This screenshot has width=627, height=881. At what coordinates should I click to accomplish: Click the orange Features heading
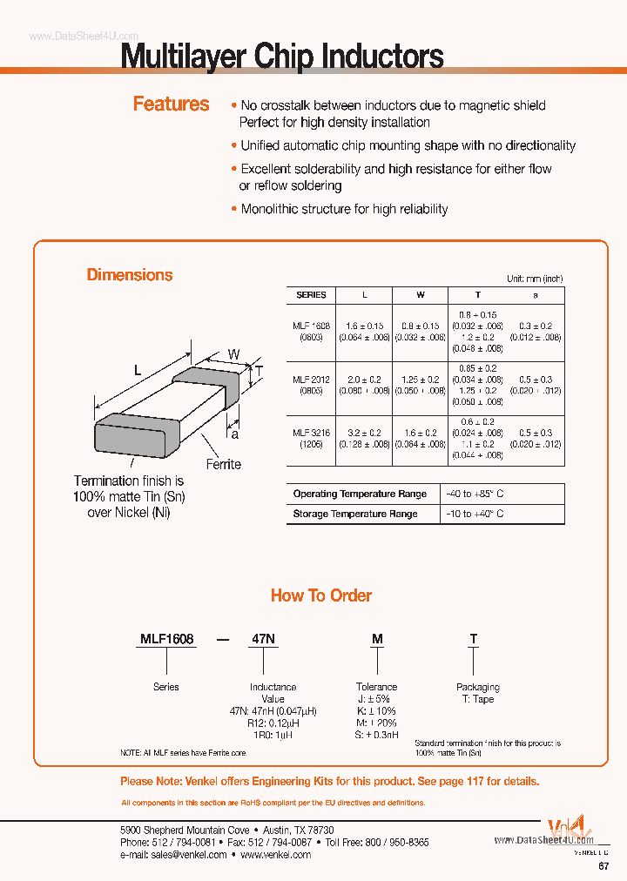click(171, 104)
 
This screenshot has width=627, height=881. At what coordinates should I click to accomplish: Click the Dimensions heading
click(130, 275)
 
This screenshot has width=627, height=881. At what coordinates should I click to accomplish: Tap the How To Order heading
click(321, 595)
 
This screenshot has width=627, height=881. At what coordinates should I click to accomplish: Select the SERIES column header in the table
click(311, 295)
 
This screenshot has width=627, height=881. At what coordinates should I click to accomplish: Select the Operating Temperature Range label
click(360, 494)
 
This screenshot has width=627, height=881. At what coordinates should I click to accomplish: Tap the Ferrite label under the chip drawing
click(223, 464)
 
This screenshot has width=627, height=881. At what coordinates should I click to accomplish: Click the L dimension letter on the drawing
click(137, 370)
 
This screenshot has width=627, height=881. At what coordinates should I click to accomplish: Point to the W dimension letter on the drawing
click(233, 353)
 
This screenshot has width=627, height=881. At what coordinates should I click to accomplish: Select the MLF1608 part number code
click(166, 639)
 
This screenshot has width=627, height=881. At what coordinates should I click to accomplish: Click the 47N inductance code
click(264, 639)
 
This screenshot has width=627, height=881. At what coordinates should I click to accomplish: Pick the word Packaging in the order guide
click(478, 687)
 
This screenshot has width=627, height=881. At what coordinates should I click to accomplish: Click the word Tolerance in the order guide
click(376, 687)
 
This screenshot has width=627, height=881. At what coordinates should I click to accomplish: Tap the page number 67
click(603, 867)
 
